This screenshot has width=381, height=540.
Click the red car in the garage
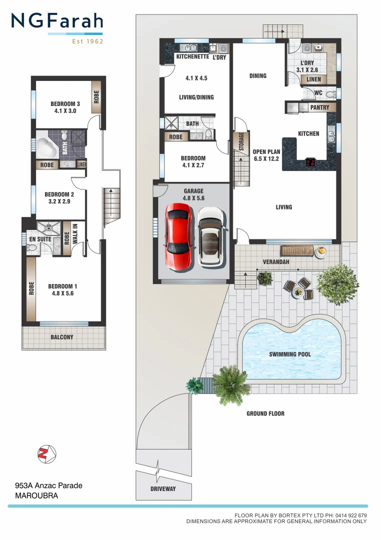(x=178, y=237)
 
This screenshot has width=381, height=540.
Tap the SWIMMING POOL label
(x=290, y=354)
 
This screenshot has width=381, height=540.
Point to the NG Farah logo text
(x=57, y=21)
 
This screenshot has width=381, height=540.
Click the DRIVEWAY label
(x=163, y=488)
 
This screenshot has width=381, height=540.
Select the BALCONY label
(x=62, y=337)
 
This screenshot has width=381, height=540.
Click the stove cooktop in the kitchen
(x=310, y=162)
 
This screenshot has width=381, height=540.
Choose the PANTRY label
(x=320, y=107)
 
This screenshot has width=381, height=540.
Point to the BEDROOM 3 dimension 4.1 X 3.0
(x=65, y=111)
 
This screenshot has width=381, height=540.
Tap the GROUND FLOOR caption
(x=265, y=413)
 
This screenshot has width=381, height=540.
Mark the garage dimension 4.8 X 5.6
(x=194, y=198)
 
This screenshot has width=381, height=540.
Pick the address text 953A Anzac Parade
(x=49, y=485)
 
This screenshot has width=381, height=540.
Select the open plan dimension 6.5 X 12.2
(x=266, y=158)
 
